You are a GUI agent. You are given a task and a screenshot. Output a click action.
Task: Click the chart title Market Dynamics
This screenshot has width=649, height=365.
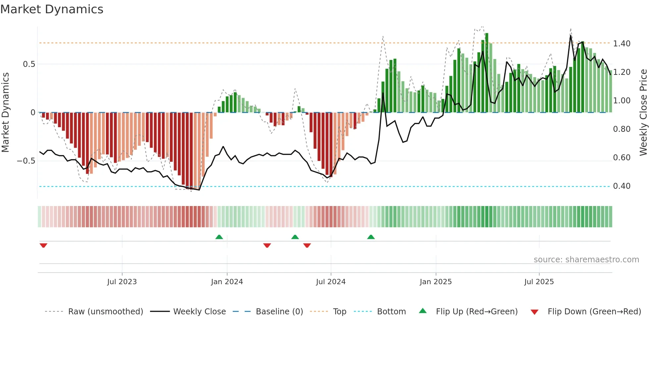pos(52,9)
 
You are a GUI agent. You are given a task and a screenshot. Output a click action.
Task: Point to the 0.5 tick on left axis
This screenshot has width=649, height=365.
pos(29,64)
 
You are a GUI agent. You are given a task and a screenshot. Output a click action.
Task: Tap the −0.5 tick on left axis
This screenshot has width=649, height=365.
pos(26,161)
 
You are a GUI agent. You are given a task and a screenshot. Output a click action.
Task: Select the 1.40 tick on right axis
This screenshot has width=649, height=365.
pos(622,44)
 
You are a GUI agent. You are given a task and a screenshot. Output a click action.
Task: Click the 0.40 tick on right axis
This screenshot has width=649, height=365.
pos(622,186)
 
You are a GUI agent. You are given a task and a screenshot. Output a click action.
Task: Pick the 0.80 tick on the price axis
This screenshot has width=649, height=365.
pos(622,129)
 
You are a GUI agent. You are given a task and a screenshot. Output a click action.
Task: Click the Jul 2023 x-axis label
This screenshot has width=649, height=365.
pos(122,282)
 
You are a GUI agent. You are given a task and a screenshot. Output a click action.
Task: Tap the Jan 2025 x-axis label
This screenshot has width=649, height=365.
pos(435,282)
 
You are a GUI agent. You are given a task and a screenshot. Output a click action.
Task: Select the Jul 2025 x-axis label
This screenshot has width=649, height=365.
pos(539,282)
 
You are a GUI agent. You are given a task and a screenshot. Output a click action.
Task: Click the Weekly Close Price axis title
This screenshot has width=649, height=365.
pos(643,113)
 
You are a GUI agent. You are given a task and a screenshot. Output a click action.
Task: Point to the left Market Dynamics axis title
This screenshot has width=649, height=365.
pos(5,113)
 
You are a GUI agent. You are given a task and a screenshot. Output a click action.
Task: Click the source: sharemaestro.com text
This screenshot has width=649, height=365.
pos(586,260)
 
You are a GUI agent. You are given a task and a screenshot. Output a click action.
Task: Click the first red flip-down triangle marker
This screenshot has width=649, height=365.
pos(43,245)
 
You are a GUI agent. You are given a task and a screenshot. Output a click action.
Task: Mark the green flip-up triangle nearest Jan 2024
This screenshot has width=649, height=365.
pos(219,237)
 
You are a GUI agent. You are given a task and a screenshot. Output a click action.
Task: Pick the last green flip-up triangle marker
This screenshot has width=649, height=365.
pos(371,237)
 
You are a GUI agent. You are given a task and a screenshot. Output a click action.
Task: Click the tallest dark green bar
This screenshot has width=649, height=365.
pos(487,73)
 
